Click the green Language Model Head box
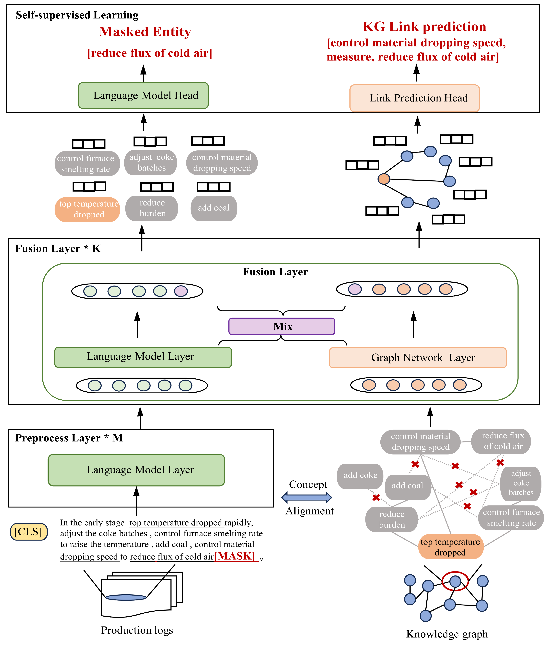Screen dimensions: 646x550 pos(143,95)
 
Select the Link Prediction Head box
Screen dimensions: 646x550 pos(414,98)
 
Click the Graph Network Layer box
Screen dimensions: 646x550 pos(417,357)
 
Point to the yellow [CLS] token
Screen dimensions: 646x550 pos(29,532)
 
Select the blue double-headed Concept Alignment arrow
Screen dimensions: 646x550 pos(306,497)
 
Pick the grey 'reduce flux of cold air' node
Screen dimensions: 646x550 pos(501,441)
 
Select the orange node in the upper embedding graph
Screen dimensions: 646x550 pos(384,179)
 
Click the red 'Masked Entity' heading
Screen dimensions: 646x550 pos(145,32)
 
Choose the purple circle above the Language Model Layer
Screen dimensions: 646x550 pos(181,291)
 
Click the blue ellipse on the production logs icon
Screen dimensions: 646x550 pos(126,597)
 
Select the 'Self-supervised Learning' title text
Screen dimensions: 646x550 pos(77,15)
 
